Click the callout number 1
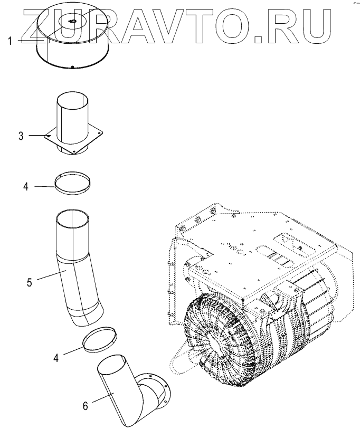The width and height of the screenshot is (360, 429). coord(10,41)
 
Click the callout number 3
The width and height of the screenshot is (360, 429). coord(21,136)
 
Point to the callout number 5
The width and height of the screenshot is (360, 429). coord(30,282)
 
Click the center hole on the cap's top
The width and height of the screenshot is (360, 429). coord(72,22)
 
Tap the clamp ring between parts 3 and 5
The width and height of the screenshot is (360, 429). coord(73,183)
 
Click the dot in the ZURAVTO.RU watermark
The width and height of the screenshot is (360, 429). coord(258,36)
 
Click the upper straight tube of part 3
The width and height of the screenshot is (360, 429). coord(73,113)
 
